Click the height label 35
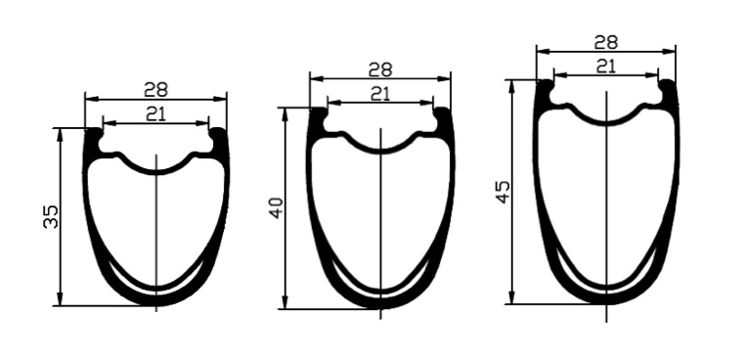click(x=51, y=217)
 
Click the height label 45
click(x=503, y=192)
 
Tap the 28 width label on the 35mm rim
click(x=155, y=89)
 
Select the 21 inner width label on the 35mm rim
click(x=155, y=114)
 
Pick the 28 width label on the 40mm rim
click(x=380, y=69)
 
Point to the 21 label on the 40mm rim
click(x=379, y=94)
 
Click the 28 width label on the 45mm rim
click(x=605, y=43)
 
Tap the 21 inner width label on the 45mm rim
click(x=605, y=67)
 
